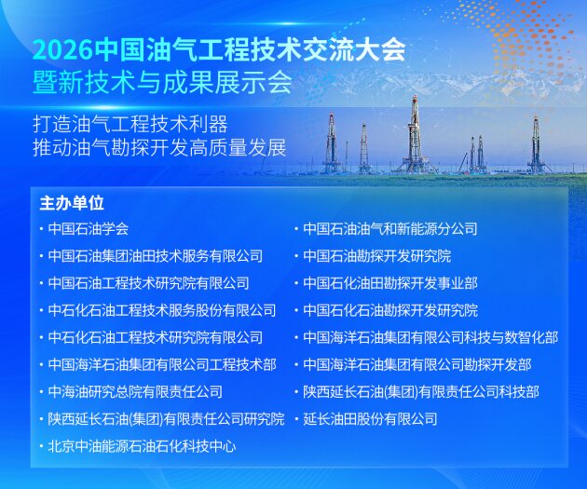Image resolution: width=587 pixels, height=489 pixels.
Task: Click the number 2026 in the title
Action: pyautogui.click(x=56, y=49)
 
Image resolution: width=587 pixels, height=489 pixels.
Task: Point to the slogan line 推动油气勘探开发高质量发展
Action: pyautogui.click(x=157, y=147)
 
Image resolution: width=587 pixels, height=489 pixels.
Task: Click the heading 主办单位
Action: pyautogui.click(x=72, y=201)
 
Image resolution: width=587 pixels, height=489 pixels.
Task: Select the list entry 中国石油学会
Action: pyautogui.click(x=89, y=228)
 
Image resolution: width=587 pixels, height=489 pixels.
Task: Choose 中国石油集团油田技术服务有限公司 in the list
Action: pyautogui.click(x=156, y=255)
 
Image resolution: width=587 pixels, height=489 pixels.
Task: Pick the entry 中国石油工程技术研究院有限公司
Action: pyautogui.click(x=149, y=283)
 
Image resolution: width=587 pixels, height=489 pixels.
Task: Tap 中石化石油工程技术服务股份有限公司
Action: pyautogui.click(x=162, y=310)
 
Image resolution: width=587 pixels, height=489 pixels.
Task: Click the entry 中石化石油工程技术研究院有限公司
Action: pyautogui.click(x=156, y=337)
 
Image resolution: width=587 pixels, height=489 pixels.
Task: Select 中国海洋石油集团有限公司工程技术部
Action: pyautogui.click(x=162, y=364)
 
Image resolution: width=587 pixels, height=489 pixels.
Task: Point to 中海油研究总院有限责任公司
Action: pyautogui.click(x=135, y=392)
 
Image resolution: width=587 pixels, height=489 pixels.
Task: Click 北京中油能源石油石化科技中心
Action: pyautogui.click(x=142, y=446)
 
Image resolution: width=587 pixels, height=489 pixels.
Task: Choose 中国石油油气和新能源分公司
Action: pyautogui.click(x=390, y=228)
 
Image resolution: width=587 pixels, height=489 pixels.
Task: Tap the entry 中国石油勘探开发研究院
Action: pyautogui.click(x=377, y=255)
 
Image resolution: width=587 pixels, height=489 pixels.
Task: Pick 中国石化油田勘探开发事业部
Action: pyautogui.click(x=390, y=283)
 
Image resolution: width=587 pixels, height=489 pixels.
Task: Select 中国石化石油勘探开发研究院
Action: pyautogui.click(x=390, y=310)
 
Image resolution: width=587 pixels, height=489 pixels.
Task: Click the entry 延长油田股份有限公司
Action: pyautogui.click(x=370, y=419)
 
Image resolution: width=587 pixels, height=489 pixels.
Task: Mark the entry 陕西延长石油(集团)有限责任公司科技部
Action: pyautogui.click(x=421, y=392)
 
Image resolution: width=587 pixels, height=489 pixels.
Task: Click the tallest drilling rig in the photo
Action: pyautogui.click(x=414, y=135)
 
